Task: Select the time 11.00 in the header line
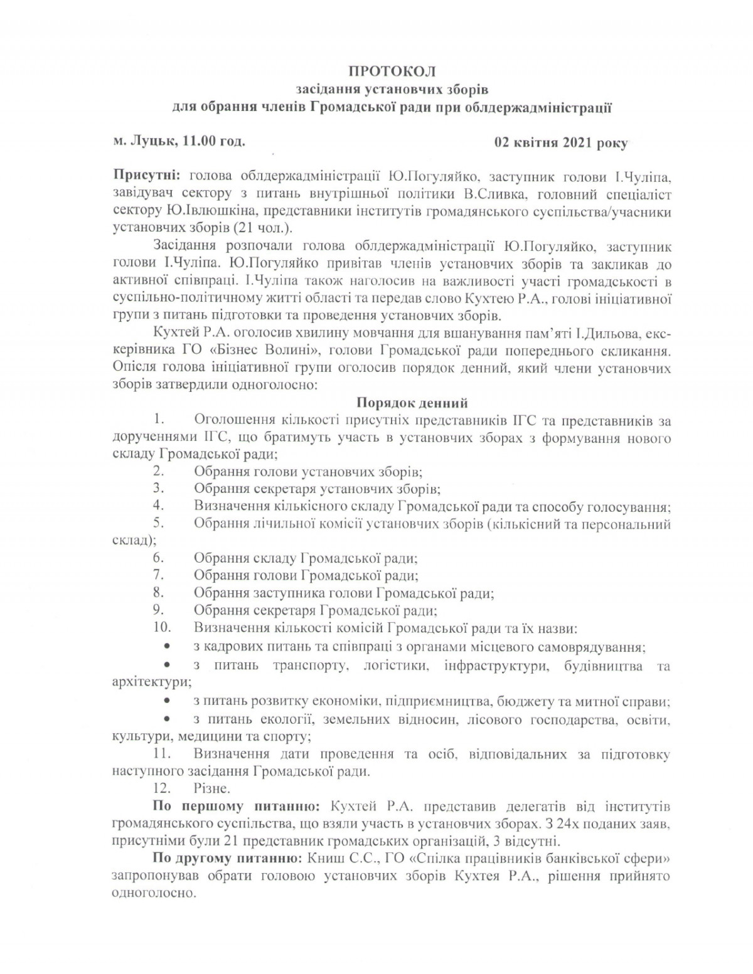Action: tap(199, 142)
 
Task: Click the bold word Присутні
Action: tap(146, 174)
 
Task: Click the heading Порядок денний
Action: tap(412, 402)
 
